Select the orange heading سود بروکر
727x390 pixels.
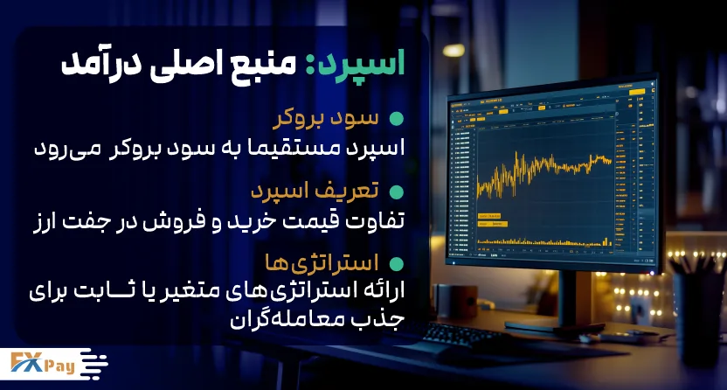point(325,119)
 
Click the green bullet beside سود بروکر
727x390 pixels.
point(396,119)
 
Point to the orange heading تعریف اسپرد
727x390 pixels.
point(315,191)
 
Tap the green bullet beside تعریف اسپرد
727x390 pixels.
point(396,192)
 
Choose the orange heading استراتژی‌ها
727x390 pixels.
point(322,263)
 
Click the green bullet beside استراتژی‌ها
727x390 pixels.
point(396,264)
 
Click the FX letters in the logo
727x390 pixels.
point(26,362)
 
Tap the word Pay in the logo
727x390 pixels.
point(59,366)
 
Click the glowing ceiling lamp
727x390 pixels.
point(453,50)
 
